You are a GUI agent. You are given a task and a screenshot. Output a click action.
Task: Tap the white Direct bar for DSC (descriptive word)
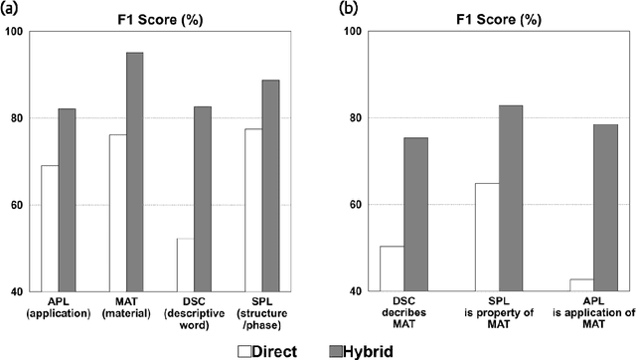pos(186,266)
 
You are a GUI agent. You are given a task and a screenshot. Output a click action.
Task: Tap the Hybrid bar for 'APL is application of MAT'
pos(605,208)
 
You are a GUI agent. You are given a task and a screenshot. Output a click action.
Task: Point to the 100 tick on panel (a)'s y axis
pos(14,32)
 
